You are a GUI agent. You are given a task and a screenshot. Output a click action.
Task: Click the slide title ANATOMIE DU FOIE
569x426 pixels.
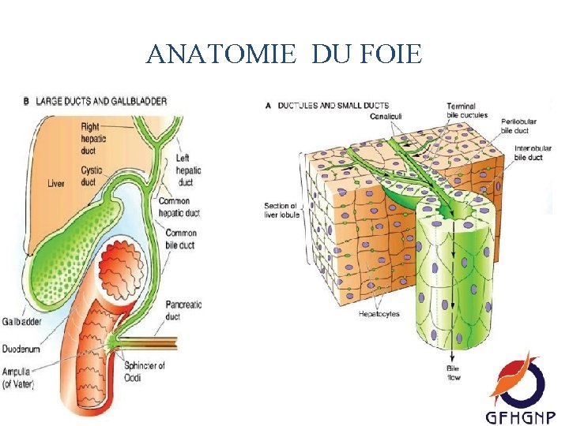coord(284,54)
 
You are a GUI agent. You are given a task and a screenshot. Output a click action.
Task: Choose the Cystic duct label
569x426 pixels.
coord(90,176)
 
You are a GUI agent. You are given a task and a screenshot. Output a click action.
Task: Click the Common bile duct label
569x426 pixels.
coord(180,238)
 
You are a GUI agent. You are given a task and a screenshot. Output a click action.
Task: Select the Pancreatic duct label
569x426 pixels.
coord(183,310)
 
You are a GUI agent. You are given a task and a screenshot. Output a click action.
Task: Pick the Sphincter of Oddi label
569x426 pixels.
coord(144,371)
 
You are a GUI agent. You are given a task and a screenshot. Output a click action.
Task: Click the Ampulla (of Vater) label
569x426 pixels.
coord(17,379)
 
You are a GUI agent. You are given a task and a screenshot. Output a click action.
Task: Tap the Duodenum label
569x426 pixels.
coord(21,348)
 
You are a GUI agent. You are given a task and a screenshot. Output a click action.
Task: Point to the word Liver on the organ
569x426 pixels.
coord(55,184)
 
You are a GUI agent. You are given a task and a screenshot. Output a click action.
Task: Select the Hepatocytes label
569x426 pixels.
coord(379,314)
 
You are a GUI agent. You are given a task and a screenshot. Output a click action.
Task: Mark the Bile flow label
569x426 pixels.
coord(454,373)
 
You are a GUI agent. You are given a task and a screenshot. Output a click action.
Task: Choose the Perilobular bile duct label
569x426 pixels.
coord(518,126)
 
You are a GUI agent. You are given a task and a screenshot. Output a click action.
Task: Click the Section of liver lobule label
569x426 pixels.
coord(282,211)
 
